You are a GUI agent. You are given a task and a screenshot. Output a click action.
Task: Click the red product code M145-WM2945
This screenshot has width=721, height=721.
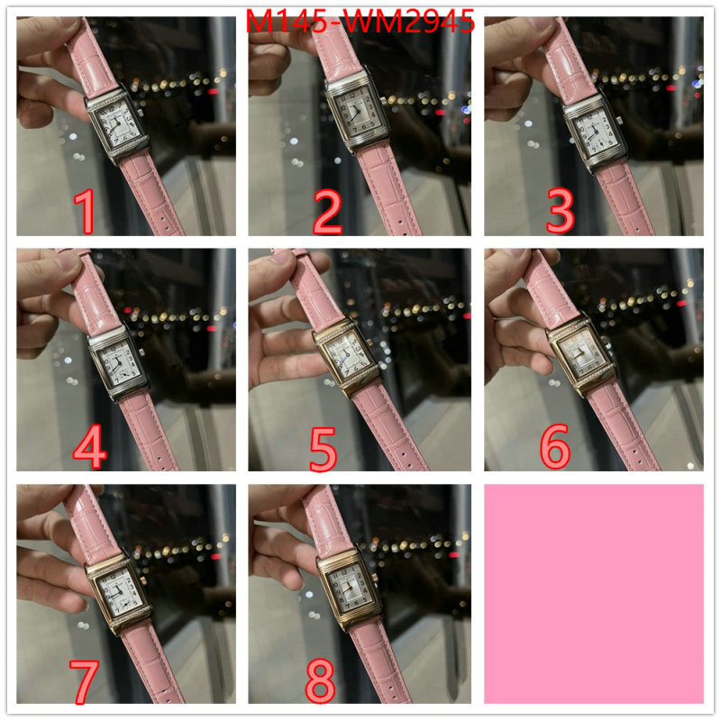(360, 21)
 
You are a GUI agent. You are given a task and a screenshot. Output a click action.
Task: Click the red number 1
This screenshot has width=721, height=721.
(85, 212)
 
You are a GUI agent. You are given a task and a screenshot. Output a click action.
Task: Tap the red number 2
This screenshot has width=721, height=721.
(327, 212)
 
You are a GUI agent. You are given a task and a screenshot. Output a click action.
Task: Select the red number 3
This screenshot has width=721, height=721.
(560, 211)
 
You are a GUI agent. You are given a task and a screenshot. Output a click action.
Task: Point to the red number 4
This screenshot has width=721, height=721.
(89, 446)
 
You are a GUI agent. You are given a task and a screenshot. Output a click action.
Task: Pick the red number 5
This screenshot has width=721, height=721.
(323, 449)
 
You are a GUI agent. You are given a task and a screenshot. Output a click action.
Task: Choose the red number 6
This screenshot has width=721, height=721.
(555, 445)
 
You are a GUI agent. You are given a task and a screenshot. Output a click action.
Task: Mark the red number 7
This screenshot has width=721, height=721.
(84, 681)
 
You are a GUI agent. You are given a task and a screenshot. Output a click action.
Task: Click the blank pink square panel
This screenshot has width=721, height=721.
(594, 593)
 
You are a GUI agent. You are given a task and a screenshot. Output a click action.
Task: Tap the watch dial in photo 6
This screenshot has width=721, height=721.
(581, 356)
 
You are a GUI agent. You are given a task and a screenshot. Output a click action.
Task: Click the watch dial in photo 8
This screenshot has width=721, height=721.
(349, 588)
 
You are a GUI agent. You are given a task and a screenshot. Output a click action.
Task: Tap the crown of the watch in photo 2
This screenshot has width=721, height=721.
(382, 100)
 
